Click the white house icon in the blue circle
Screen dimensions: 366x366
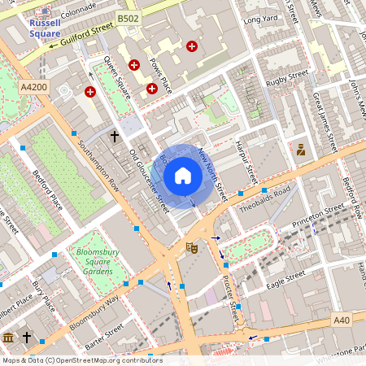tap(183, 176)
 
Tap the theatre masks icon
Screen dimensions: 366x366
tap(193, 246)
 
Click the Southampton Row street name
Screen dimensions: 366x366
tap(95, 161)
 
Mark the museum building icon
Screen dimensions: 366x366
tap(8, 337)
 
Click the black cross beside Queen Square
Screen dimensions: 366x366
tap(115, 136)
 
